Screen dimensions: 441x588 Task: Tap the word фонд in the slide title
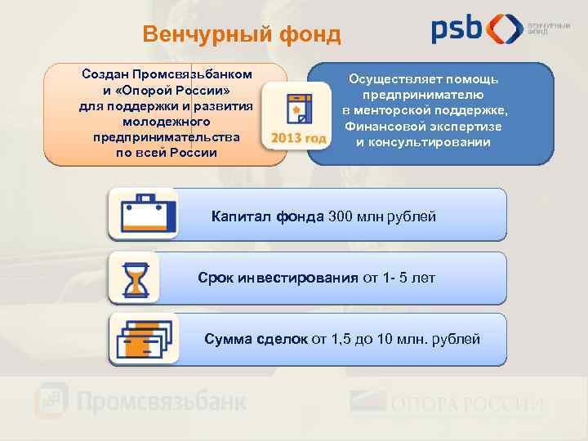(x=309, y=34)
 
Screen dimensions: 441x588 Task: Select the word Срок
(x=215, y=278)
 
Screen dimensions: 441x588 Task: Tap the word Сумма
(x=229, y=339)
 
